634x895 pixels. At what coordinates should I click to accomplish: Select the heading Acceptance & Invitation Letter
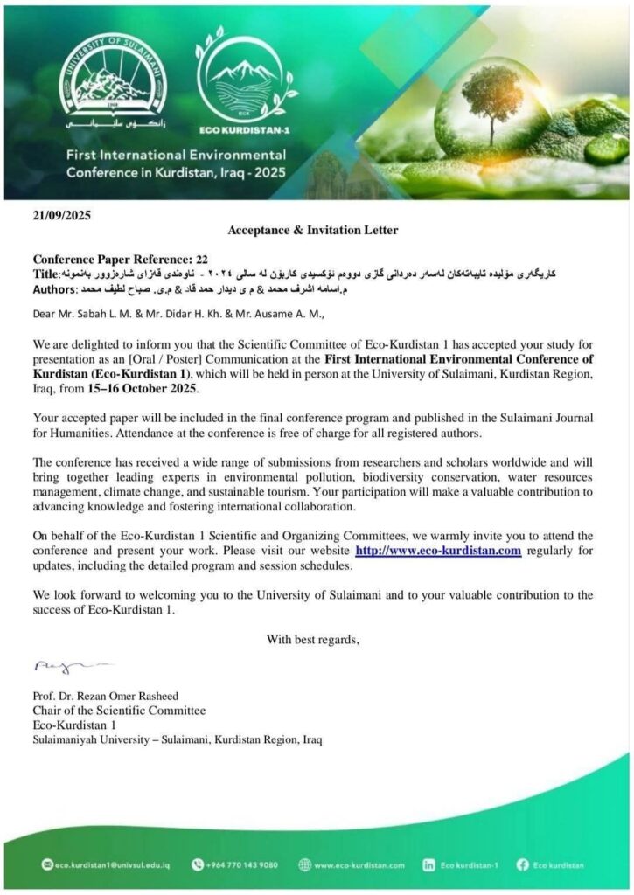coord(312,231)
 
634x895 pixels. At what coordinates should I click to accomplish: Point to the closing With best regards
coord(312,639)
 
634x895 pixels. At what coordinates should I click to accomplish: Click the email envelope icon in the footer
coord(47,864)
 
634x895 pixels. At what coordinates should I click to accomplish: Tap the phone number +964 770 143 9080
coord(242,865)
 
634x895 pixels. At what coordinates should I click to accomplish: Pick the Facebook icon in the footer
coord(523,864)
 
